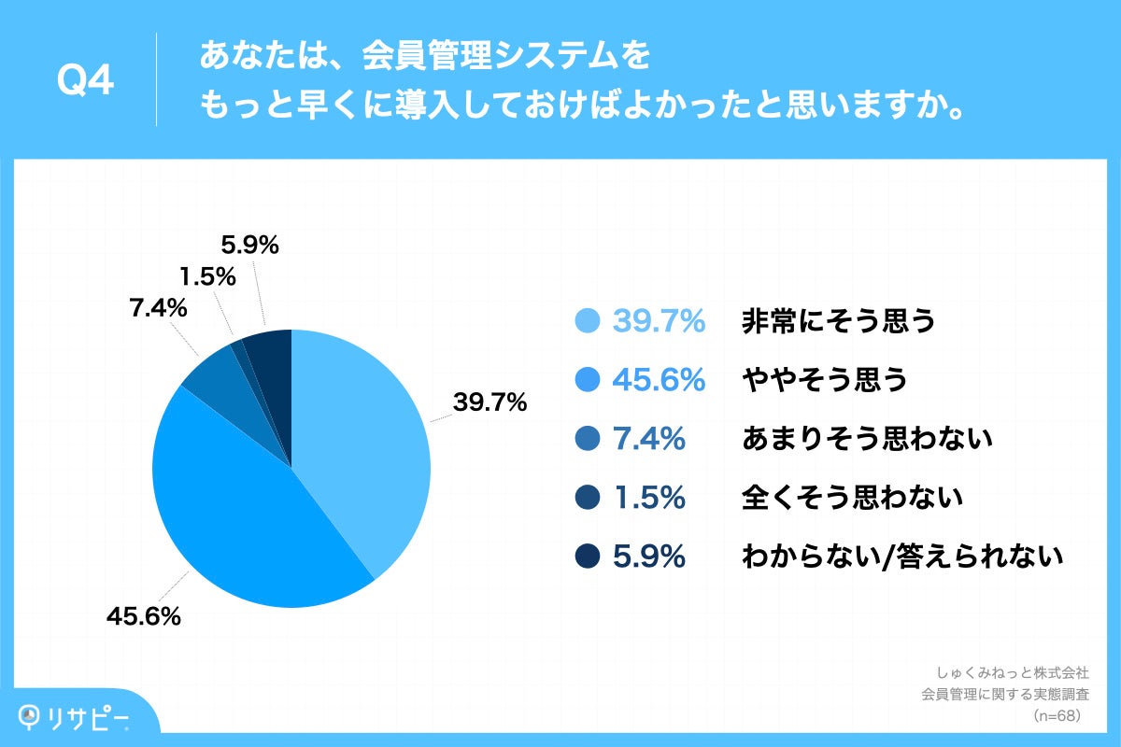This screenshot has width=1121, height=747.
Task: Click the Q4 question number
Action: [x=85, y=82]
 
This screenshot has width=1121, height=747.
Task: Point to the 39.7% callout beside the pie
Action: [x=490, y=403]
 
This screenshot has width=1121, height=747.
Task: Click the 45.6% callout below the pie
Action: [x=143, y=616]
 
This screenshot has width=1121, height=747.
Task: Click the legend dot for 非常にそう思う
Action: [x=586, y=321]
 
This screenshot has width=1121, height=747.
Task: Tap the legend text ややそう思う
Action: [x=824, y=380]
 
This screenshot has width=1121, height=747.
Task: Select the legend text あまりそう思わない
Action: [x=866, y=439]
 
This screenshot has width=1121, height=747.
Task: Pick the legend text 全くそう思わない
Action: [x=851, y=498]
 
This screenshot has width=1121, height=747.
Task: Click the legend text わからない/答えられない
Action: [x=902, y=557]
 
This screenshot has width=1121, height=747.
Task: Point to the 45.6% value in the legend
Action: [x=658, y=380]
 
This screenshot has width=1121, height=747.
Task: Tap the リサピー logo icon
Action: [x=33, y=716]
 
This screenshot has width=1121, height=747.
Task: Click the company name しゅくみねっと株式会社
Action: [x=1012, y=671]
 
